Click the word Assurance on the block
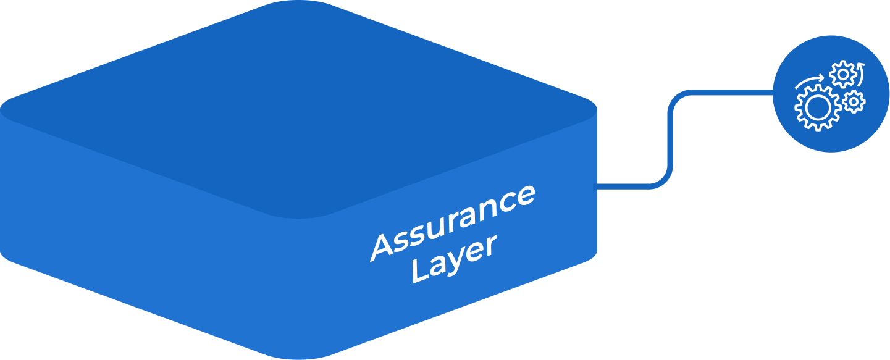[x=453, y=221]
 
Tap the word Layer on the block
[x=454, y=259]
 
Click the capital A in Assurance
[x=384, y=248]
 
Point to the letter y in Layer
[x=454, y=262]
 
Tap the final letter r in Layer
[x=490, y=244]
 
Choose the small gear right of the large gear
[x=854, y=101]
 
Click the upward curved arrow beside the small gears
[x=861, y=73]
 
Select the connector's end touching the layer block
[x=596, y=186]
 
